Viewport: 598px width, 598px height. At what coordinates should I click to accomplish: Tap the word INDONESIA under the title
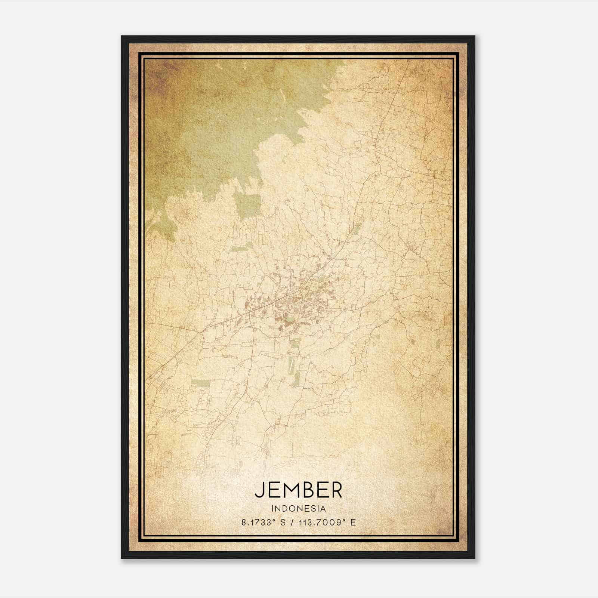(x=299, y=509)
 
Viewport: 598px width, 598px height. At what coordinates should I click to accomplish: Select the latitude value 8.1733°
(x=258, y=523)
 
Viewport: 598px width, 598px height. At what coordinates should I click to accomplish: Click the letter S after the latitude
(x=283, y=523)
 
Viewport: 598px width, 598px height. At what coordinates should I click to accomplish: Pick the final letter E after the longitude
(x=353, y=523)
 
